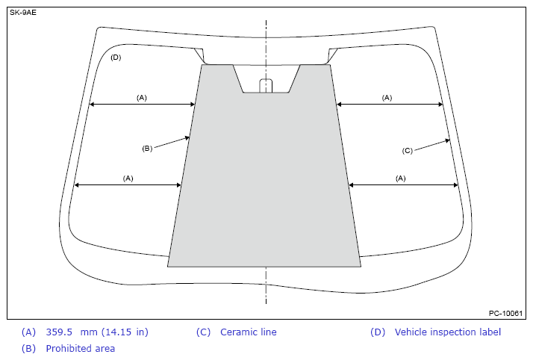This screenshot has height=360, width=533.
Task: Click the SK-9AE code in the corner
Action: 23,13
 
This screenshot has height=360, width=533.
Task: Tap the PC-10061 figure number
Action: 505,313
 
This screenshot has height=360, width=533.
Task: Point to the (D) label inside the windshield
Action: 116,57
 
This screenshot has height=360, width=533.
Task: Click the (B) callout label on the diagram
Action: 147,149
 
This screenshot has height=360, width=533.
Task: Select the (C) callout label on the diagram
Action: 408,151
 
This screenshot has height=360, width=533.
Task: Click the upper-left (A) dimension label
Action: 142,98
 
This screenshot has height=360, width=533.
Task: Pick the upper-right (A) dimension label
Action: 387,98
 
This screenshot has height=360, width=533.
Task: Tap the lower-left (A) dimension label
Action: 128,178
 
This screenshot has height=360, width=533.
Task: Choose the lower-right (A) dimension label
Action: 400,178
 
